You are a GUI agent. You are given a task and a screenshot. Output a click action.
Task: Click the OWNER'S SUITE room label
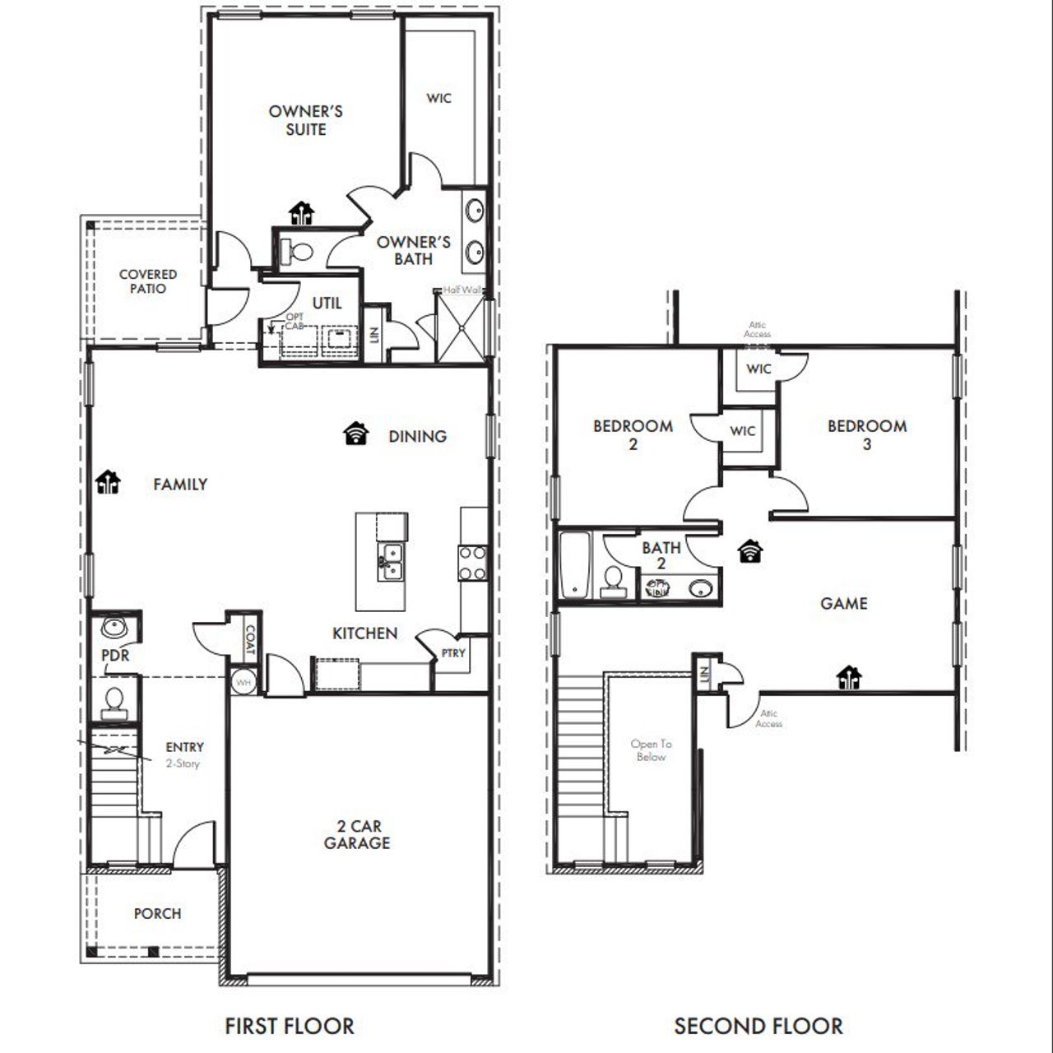[305, 120]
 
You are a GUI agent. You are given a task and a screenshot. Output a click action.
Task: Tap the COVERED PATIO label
[148, 281]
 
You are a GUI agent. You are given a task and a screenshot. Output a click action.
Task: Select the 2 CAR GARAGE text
[357, 834]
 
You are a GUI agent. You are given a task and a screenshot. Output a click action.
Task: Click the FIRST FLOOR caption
[290, 1026]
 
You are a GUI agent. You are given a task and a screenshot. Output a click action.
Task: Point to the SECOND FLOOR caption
[758, 1026]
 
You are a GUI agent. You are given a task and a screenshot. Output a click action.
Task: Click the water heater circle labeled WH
[244, 681]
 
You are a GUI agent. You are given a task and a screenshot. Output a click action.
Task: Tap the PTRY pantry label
[453, 653]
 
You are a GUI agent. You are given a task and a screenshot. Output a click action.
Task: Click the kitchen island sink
[391, 561]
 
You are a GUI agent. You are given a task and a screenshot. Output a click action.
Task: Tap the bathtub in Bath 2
[573, 565]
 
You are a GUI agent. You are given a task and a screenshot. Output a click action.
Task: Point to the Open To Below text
[651, 750]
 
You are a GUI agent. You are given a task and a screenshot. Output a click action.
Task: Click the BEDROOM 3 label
[867, 434]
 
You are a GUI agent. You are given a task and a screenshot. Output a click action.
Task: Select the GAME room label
[844, 603]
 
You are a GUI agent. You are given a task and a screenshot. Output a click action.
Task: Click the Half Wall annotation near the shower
[462, 290]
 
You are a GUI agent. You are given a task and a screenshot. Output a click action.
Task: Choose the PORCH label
[157, 913]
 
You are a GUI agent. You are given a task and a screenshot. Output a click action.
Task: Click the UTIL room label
[327, 303]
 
